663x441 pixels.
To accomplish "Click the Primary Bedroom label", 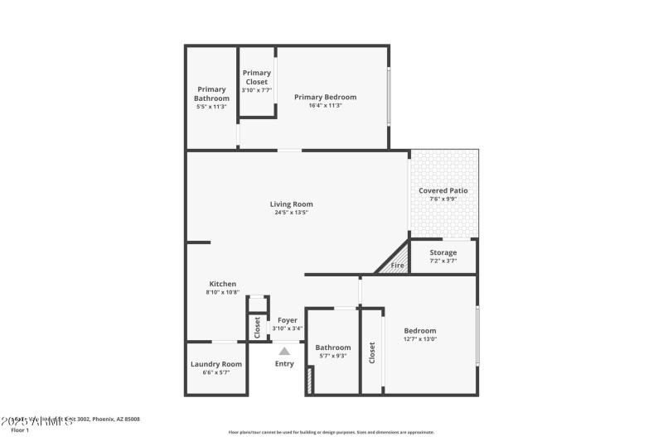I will (325, 97).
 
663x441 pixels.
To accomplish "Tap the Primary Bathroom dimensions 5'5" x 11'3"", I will (211, 107).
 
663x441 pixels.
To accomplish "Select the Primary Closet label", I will (256, 77).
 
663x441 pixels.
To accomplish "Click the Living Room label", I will (291, 204).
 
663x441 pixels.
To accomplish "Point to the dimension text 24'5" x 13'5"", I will (291, 213).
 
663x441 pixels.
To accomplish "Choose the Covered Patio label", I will (443, 190).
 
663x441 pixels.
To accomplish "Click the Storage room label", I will (443, 252).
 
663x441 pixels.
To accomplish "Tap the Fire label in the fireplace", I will (397, 266).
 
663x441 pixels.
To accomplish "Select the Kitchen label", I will (222, 283).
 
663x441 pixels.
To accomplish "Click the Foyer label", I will (287, 319).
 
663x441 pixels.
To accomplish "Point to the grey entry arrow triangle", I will (284, 351).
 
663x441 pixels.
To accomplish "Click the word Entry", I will (284, 364).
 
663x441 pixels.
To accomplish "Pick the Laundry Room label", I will (215, 364).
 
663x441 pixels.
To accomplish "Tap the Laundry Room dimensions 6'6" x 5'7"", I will (215, 373).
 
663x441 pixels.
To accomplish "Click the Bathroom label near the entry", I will (332, 348).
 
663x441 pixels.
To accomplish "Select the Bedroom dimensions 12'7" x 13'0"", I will (419, 339).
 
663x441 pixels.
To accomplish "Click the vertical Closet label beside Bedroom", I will (372, 352).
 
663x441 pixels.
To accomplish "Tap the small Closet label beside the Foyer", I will (257, 327).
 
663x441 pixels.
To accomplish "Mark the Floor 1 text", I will (19, 430).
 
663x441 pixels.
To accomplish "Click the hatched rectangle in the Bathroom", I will (310, 381).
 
